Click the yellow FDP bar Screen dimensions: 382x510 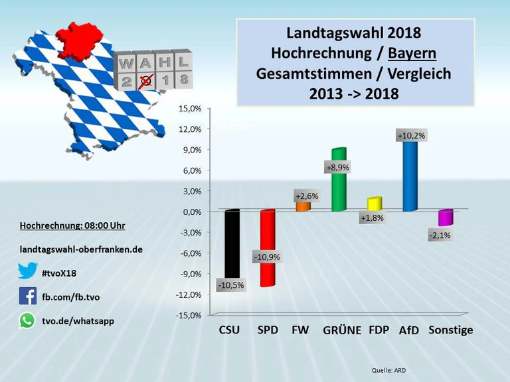[x=374, y=204]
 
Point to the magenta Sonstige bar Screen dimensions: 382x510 [x=445, y=218]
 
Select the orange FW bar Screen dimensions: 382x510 [x=303, y=206]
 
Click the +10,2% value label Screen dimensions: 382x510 [x=411, y=135]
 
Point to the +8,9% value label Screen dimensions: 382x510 [x=337, y=167]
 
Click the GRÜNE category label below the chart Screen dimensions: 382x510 [x=341, y=330]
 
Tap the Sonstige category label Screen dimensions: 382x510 [x=451, y=330]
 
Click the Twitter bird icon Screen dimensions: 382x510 [x=27, y=271]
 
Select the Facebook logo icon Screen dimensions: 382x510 [x=27, y=296]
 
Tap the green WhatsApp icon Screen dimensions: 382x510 [x=27, y=320]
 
